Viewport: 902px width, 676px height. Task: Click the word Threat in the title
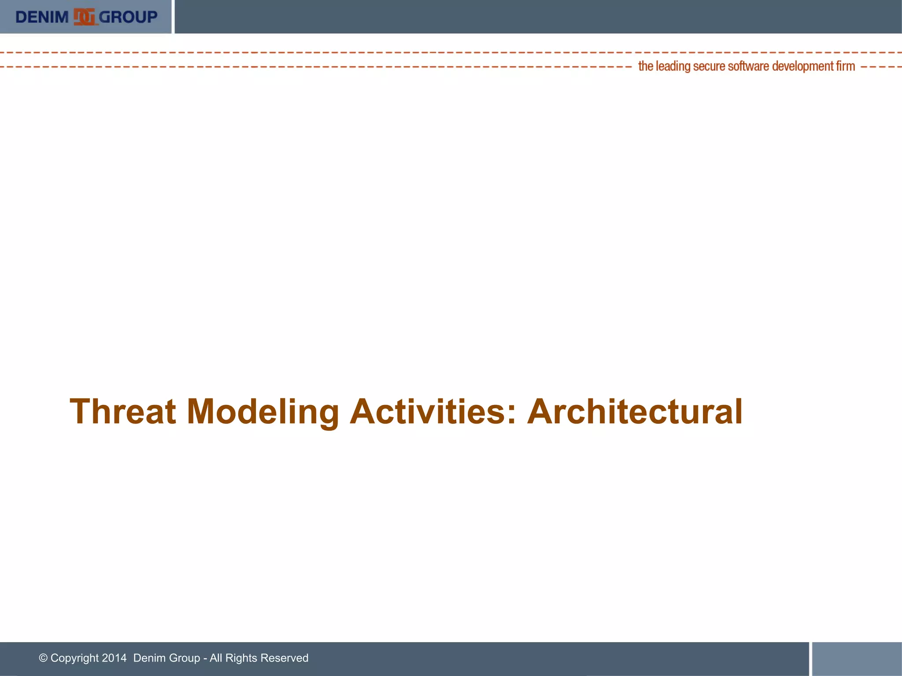[x=123, y=411]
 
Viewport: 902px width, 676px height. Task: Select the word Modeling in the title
[x=262, y=411]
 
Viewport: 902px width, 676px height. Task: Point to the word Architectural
[x=635, y=411]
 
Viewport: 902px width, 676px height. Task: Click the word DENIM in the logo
[x=42, y=17]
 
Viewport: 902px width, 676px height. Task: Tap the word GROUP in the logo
[x=128, y=17]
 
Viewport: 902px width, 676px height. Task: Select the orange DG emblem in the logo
[x=84, y=17]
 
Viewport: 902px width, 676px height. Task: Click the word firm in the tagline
[x=846, y=66]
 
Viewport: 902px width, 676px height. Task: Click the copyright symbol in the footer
[x=43, y=658]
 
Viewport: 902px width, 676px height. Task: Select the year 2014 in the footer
[x=114, y=658]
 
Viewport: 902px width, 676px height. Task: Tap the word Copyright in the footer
[x=74, y=658]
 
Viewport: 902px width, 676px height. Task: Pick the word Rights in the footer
[x=241, y=658]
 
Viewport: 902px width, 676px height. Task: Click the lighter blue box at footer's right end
[x=857, y=659]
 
